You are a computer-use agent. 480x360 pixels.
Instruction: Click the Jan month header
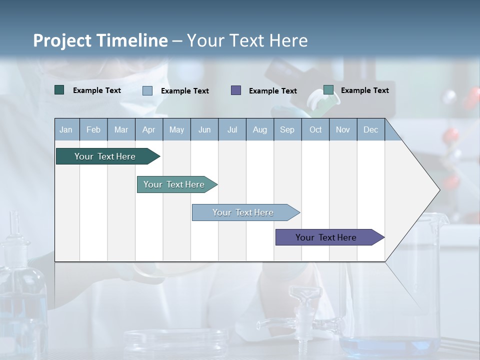click(66, 129)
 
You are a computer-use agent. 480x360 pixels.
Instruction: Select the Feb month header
click(93, 129)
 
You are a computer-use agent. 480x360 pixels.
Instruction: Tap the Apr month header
click(148, 129)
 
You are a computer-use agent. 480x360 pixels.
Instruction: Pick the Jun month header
click(204, 129)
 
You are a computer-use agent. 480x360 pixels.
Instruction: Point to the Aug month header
click(259, 129)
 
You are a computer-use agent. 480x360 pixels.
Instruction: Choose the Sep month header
click(287, 129)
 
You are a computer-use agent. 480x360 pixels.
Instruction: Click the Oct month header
click(315, 129)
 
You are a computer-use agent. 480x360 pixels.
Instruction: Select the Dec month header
click(370, 129)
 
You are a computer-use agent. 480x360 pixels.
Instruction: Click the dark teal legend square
click(59, 90)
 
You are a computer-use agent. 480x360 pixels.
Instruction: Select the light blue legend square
click(147, 90)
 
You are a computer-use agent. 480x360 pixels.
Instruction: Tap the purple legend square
click(236, 90)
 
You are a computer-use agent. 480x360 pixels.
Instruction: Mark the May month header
click(176, 129)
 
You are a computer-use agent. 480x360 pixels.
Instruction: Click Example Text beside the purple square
click(272, 90)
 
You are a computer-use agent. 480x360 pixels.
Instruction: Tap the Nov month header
click(342, 129)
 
